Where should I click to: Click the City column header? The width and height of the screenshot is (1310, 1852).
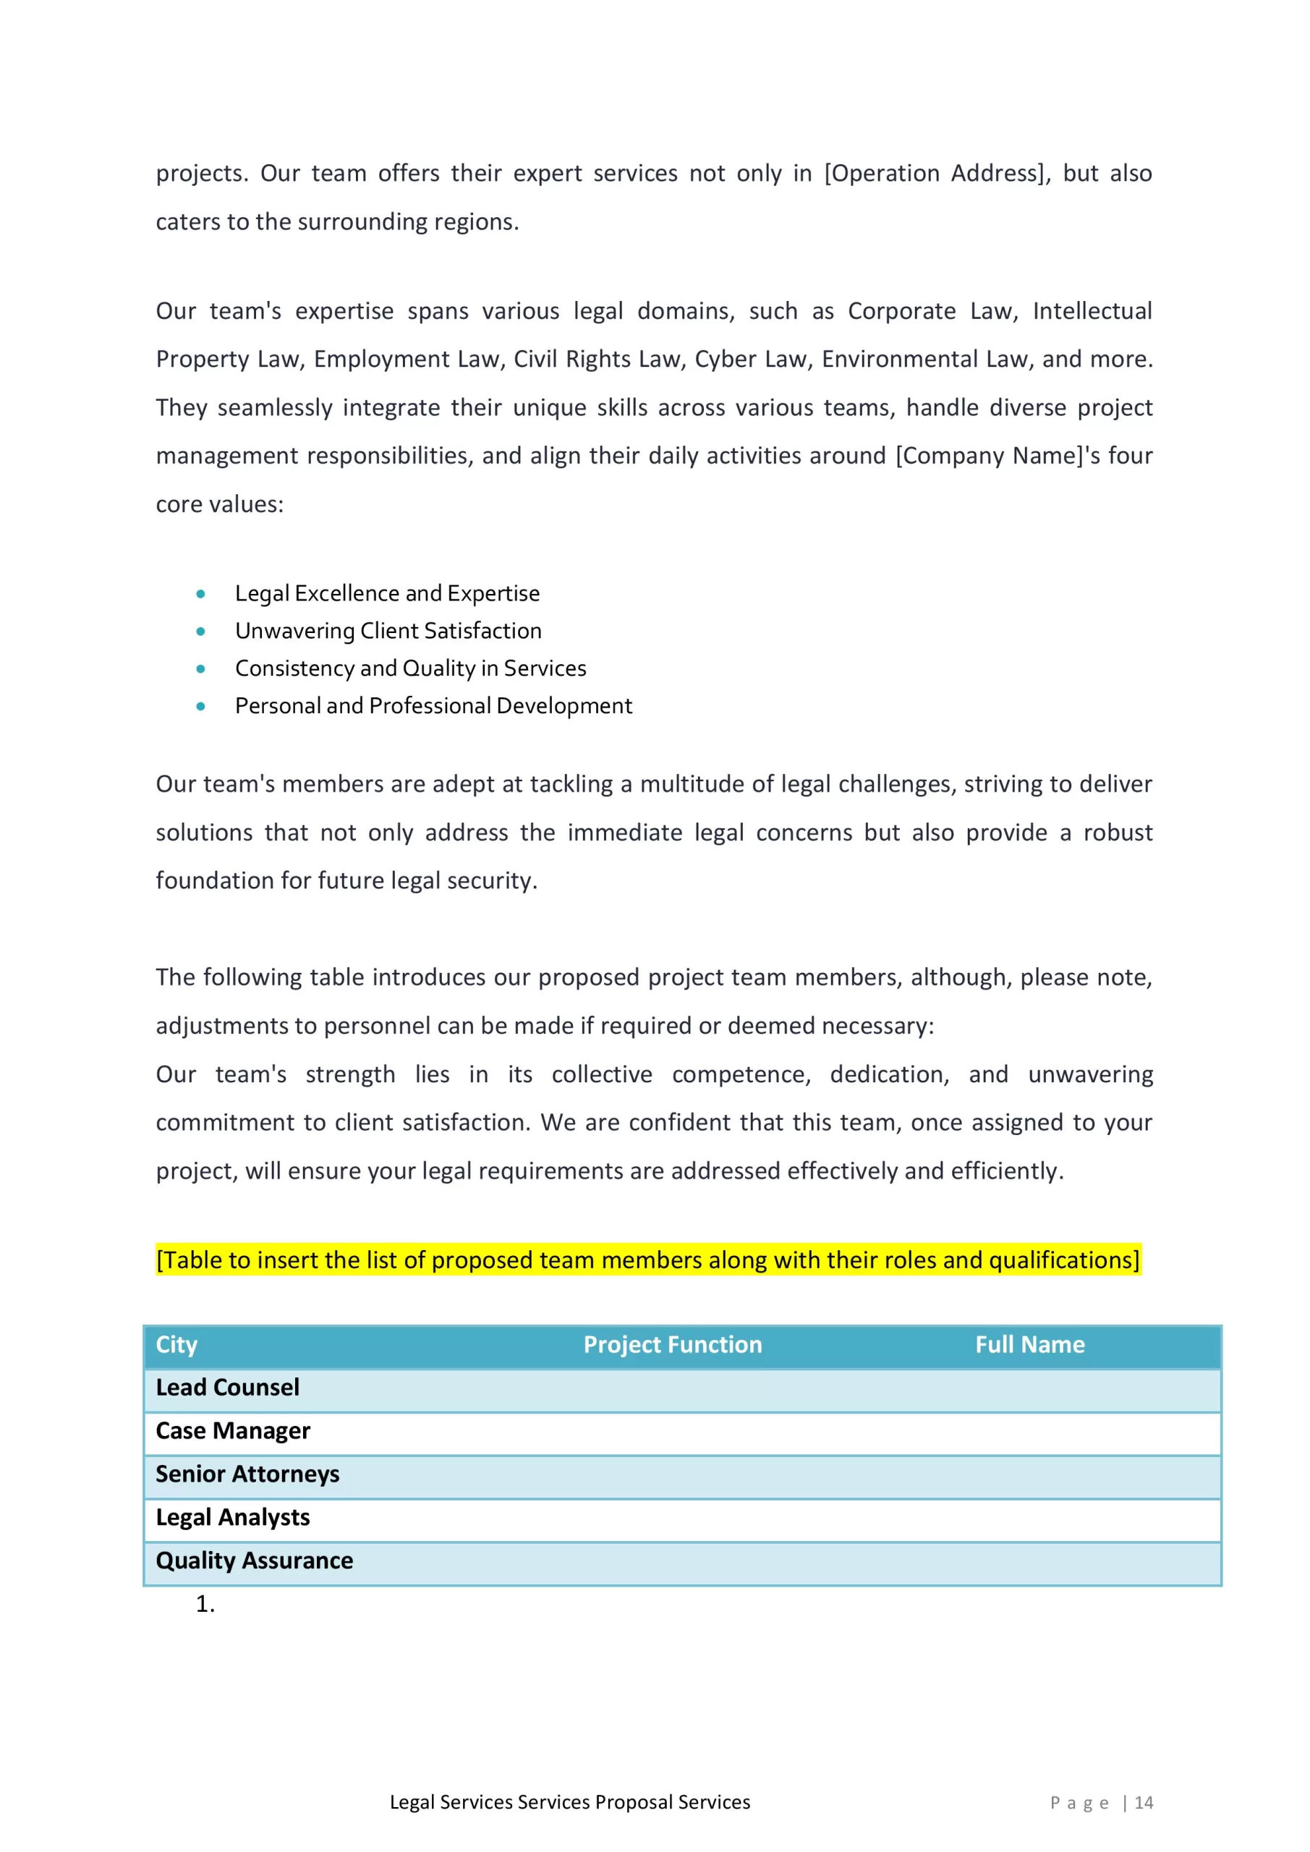pos(176,1345)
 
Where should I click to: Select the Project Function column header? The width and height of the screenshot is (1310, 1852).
pos(672,1345)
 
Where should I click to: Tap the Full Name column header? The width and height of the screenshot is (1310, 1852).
pos(1029,1345)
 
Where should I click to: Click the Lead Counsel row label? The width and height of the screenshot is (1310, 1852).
pos(227,1388)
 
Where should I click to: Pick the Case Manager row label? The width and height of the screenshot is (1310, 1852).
pos(232,1431)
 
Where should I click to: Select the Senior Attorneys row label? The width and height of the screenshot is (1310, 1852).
pos(247,1474)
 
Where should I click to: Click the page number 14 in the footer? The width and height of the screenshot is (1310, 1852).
pos(1143,1803)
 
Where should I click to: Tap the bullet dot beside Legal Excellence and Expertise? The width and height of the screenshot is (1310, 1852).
pos(201,595)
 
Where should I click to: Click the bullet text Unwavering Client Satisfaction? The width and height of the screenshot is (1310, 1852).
pos(388,631)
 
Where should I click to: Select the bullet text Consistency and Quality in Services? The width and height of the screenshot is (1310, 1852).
pos(411,668)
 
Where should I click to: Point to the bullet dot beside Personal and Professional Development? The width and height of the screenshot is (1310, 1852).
pos(201,707)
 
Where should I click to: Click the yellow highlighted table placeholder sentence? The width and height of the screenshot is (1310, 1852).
pos(647,1260)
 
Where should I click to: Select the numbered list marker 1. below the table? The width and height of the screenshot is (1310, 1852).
pos(205,1605)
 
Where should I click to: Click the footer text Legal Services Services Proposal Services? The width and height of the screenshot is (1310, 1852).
pos(569,1803)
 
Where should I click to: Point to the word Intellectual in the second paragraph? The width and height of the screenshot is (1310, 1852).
pos(1092,311)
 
